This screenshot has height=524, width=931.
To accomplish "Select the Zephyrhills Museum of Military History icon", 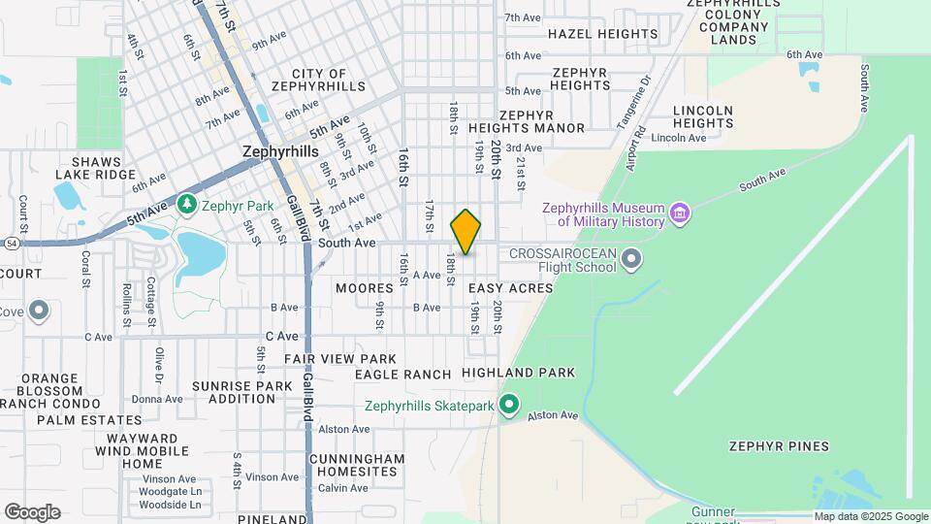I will pyautogui.click(x=680, y=213).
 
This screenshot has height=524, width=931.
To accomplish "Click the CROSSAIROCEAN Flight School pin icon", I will pyautogui.click(x=632, y=258).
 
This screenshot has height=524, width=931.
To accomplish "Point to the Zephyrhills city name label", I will pyautogui.click(x=280, y=152).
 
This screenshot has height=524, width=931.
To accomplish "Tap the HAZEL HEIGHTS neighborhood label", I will pyautogui.click(x=602, y=34).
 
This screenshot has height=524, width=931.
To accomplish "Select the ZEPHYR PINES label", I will pyautogui.click(x=779, y=446).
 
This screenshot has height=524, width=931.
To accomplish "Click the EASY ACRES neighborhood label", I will pyautogui.click(x=510, y=288).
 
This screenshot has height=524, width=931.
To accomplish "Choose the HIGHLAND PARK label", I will pyautogui.click(x=518, y=373).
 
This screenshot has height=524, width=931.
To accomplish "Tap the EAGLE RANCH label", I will pyautogui.click(x=402, y=375).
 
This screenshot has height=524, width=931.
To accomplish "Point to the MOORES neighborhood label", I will pyautogui.click(x=365, y=288).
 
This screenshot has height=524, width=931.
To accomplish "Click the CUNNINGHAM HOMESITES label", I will pyautogui.click(x=357, y=465).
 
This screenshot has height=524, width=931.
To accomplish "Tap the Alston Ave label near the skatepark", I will pyautogui.click(x=553, y=415).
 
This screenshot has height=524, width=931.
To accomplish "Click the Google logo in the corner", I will pyautogui.click(x=32, y=512).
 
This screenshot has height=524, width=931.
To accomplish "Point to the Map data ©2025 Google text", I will pyautogui.click(x=870, y=517).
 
